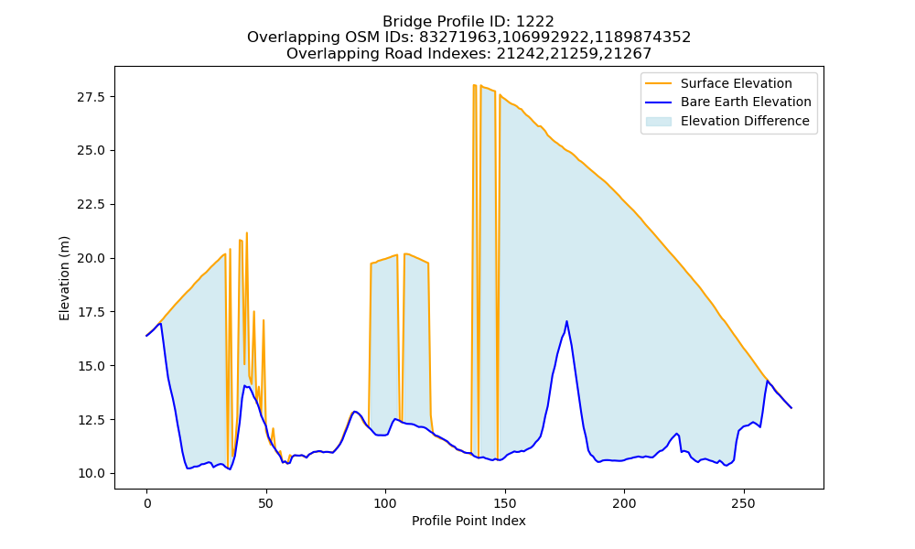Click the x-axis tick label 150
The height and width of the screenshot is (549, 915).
coord(505,503)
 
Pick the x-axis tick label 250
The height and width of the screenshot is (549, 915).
coord(743,503)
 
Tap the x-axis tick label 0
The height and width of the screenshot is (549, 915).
coord(146,503)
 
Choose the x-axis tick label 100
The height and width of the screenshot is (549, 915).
coord(385,503)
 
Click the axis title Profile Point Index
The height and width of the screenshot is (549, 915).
coord(468,521)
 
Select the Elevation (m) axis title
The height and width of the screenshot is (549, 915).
coord(64,278)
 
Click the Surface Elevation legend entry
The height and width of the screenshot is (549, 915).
coord(736,83)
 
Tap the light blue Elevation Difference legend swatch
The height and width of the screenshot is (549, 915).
coord(658,122)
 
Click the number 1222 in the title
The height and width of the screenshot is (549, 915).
coord(535,22)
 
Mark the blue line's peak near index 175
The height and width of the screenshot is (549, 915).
coord(566,321)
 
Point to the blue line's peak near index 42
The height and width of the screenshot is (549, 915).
coord(245,385)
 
